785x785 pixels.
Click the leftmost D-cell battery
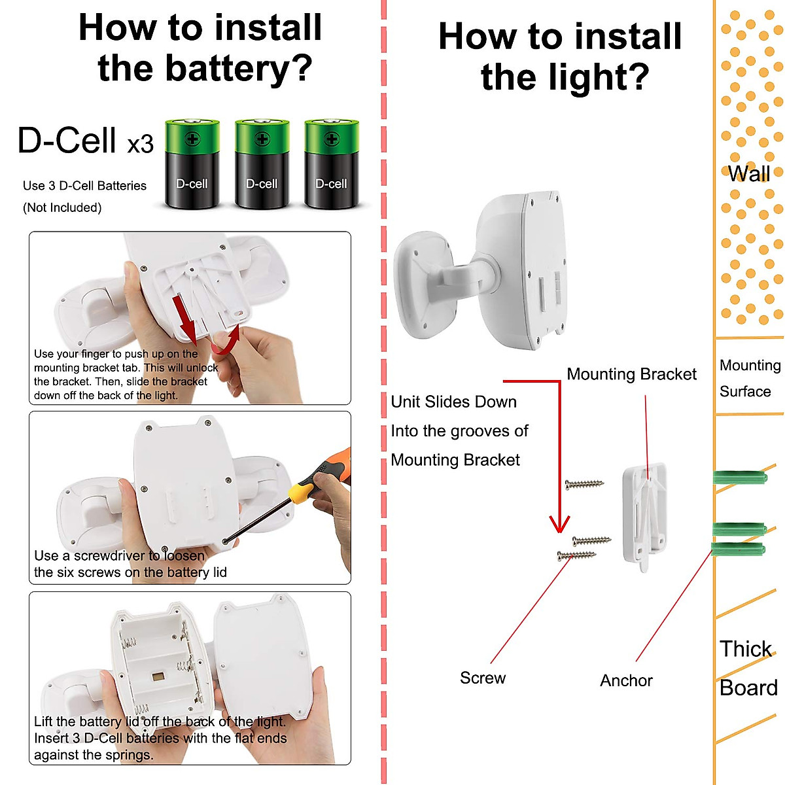click(192, 164)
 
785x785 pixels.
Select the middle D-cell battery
click(262, 164)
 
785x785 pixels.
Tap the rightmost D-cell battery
click(332, 164)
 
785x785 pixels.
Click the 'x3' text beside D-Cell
click(140, 144)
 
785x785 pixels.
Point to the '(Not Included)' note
click(62, 208)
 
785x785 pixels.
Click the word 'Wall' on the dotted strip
click(749, 174)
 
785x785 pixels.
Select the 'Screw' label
click(483, 678)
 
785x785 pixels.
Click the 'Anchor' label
click(626, 680)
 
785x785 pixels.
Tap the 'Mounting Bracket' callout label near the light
click(631, 374)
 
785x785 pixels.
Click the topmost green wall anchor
click(740, 477)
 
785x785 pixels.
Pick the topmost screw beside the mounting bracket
click(585, 484)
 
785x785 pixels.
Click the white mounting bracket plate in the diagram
click(645, 516)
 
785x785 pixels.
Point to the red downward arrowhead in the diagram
click(559, 524)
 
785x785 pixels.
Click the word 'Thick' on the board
click(746, 648)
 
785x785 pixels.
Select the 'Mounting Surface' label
click(750, 378)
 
